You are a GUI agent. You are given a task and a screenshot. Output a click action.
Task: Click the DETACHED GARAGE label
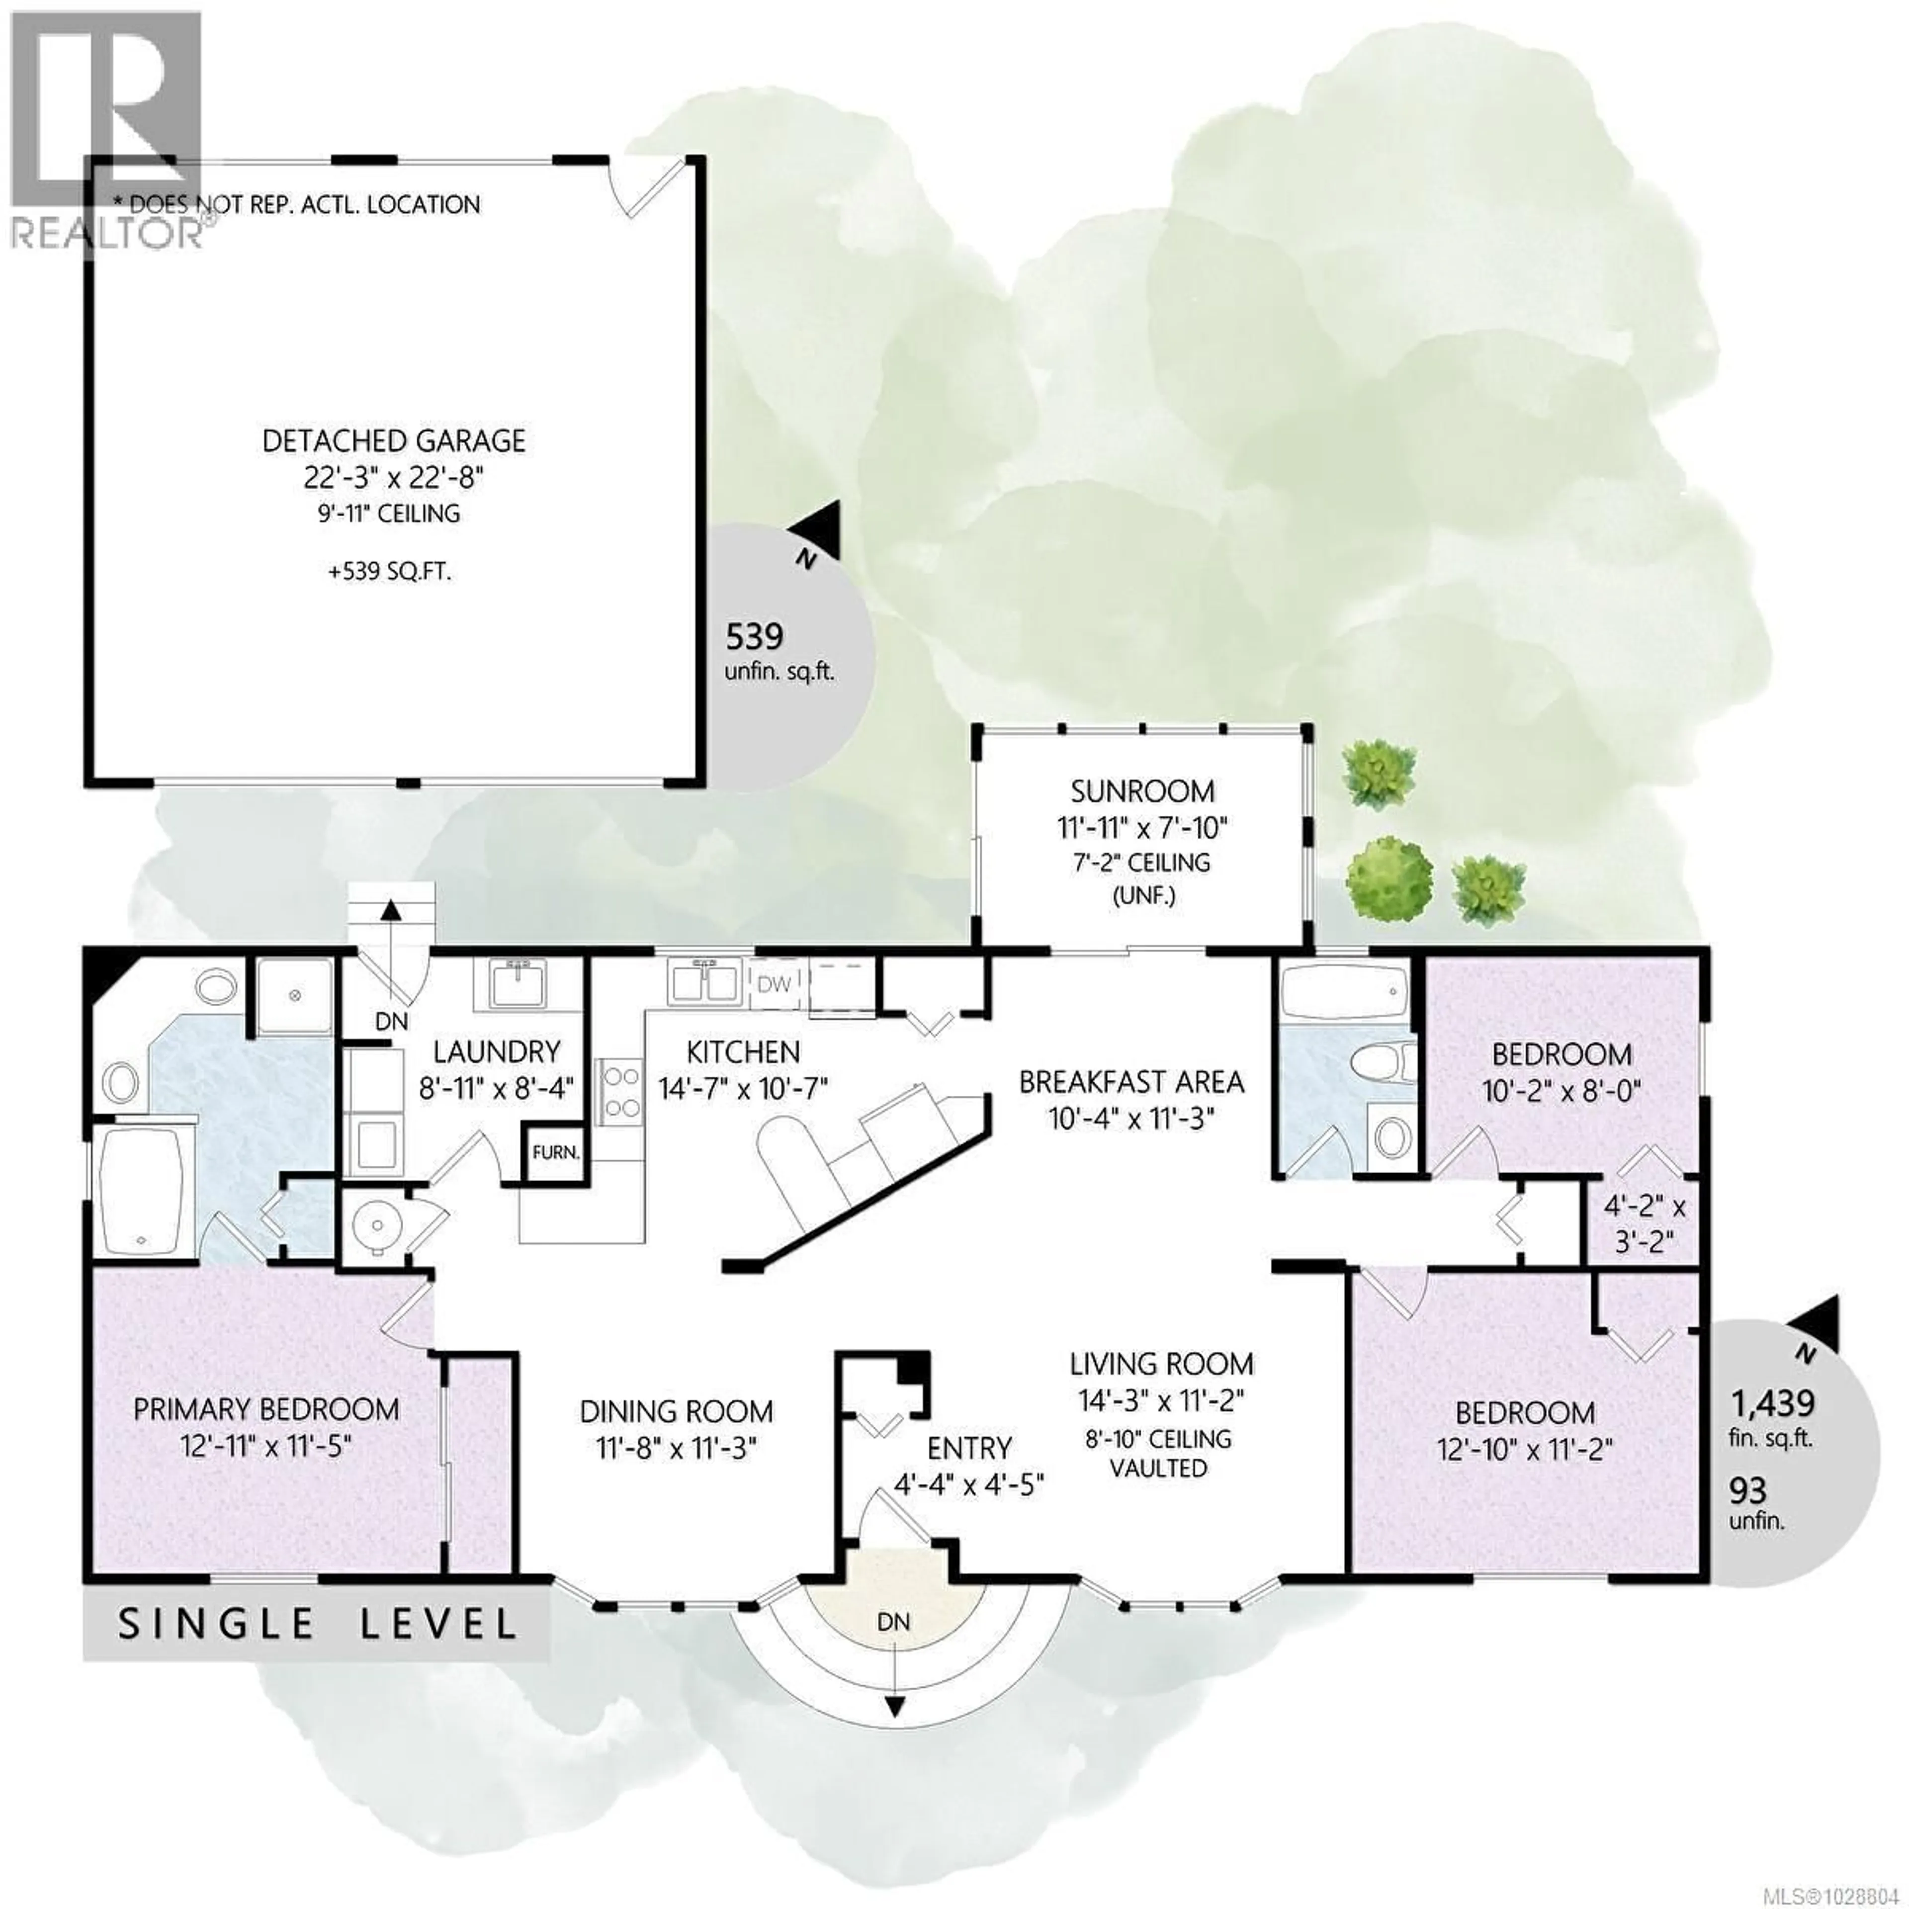click(x=393, y=440)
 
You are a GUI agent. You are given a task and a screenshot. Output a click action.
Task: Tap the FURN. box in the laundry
click(x=555, y=1152)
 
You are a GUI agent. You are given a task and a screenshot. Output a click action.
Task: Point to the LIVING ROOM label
click(x=1161, y=1365)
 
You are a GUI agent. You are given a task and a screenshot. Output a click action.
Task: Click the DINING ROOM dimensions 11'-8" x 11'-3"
click(x=676, y=1449)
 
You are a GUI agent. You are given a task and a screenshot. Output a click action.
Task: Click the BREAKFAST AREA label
click(x=1131, y=1082)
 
